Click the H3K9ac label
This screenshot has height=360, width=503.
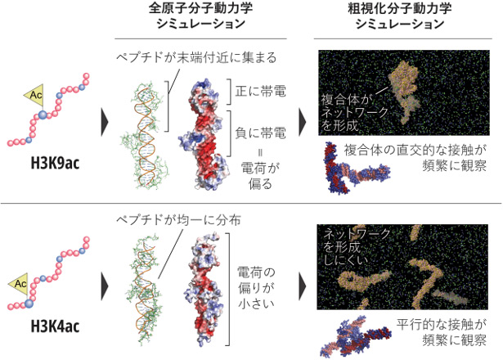pyautogui.click(x=55, y=164)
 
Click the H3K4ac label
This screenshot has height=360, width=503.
pyautogui.click(x=55, y=326)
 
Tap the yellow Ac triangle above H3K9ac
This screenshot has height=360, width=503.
pyautogui.click(x=34, y=95)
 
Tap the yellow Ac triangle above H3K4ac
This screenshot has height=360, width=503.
pyautogui.click(x=20, y=284)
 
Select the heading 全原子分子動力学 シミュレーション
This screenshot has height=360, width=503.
pyautogui.click(x=201, y=16)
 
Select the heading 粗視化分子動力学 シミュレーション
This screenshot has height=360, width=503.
pyautogui.click(x=400, y=16)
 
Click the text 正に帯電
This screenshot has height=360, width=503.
pyautogui.click(x=260, y=92)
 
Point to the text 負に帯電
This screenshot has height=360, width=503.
pyautogui.click(x=260, y=133)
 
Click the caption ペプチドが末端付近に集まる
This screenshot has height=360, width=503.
pyautogui.click(x=196, y=58)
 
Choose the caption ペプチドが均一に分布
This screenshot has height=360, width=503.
pyautogui.click(x=178, y=220)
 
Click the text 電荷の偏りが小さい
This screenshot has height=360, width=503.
pyautogui.click(x=256, y=288)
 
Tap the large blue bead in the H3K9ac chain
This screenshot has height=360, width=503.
pyautogui.click(x=43, y=115)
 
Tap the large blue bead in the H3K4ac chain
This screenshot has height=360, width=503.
pyautogui.click(x=29, y=304)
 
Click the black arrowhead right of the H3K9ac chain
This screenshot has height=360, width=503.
pyautogui.click(x=106, y=122)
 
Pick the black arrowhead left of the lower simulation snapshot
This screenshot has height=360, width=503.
pyautogui.click(x=303, y=286)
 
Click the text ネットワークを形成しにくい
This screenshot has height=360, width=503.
pyautogui.click(x=357, y=247)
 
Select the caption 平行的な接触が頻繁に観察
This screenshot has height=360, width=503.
pyautogui.click(x=442, y=332)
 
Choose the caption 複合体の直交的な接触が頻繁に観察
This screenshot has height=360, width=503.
pyautogui.click(x=415, y=158)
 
